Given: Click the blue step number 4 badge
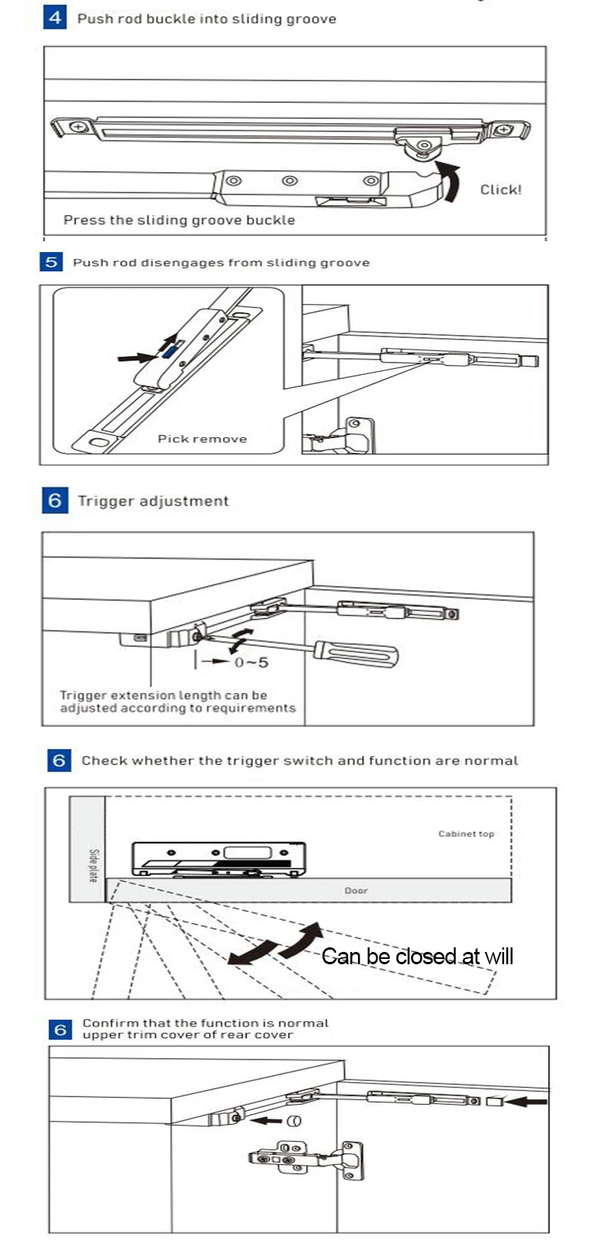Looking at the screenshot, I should [55, 17].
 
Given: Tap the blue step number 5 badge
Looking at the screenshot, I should [51, 262].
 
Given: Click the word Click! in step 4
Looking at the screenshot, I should [500, 190].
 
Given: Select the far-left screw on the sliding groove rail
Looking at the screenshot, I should [78, 127].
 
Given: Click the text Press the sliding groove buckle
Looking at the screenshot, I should [179, 221].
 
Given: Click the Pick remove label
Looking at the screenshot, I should [202, 439].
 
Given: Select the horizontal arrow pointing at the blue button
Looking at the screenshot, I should [137, 357].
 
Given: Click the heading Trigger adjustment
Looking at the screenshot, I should [153, 501].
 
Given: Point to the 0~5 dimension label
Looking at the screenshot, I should [251, 662].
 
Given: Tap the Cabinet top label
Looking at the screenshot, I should [466, 834].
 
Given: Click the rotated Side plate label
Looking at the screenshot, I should [93, 865].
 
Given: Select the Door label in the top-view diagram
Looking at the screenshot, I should [356, 890].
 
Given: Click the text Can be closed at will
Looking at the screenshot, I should [417, 957].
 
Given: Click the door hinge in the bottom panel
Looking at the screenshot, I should [307, 1158].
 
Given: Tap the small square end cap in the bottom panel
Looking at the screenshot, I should [494, 1102].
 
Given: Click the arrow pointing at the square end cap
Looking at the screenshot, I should [526, 1102].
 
